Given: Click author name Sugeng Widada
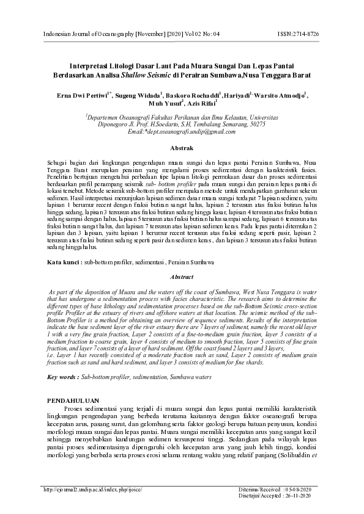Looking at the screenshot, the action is [x=138, y=95].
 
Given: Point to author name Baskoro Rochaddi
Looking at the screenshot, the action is [x=192, y=95].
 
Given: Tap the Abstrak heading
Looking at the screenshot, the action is [x=182, y=148].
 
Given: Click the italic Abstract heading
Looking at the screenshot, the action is [x=182, y=277].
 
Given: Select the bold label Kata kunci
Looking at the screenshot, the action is [x=64, y=262].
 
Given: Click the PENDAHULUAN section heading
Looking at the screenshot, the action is [x=74, y=399].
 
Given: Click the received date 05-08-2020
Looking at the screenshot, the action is [x=300, y=489].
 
